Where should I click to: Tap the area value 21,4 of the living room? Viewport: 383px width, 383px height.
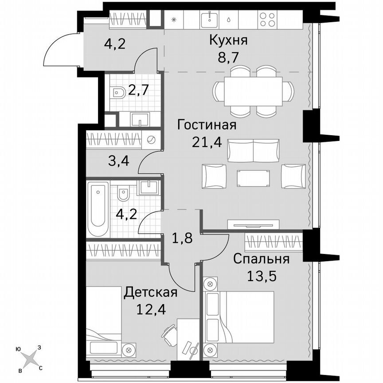[x=207, y=141]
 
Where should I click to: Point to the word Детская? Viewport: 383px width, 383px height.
[x=151, y=292]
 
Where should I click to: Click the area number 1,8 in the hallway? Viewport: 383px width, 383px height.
[x=182, y=239]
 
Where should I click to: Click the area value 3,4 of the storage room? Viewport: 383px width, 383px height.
[x=119, y=160]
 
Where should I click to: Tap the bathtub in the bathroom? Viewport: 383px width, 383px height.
[x=98, y=209]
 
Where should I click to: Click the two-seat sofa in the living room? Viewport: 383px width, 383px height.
[x=253, y=151]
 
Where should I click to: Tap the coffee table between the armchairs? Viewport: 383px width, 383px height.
[x=253, y=178]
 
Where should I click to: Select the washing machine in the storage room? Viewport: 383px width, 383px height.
[x=151, y=140]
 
